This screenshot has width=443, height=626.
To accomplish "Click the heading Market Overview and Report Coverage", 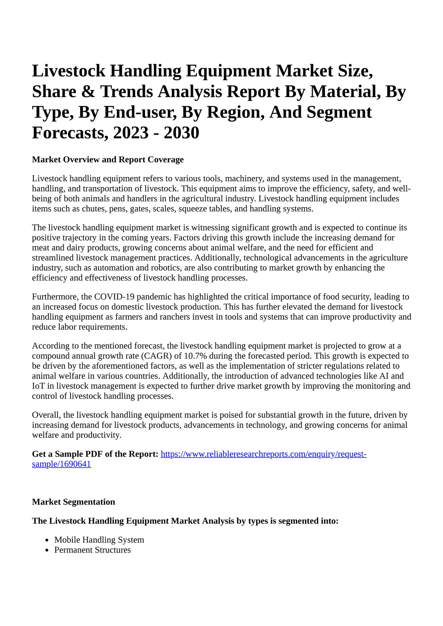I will click(108, 160).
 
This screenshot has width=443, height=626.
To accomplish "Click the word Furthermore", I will click(55, 297).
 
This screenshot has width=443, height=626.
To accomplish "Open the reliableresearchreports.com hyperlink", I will click(263, 454).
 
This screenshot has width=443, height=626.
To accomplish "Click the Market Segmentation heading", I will click(73, 502).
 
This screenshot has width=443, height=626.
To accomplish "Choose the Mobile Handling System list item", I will click(99, 540).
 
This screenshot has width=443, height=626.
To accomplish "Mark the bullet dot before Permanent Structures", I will click(47, 550).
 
